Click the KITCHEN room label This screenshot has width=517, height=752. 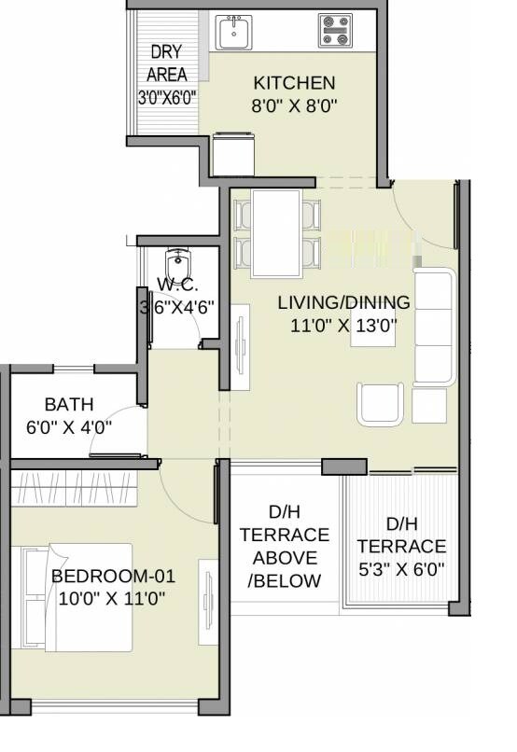[294, 82]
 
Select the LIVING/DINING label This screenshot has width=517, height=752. [343, 302]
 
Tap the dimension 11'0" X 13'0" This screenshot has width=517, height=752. [343, 326]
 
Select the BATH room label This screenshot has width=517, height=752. [68, 405]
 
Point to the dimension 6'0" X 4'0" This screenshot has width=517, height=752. [68, 429]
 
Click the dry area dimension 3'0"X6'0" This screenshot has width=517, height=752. [167, 97]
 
